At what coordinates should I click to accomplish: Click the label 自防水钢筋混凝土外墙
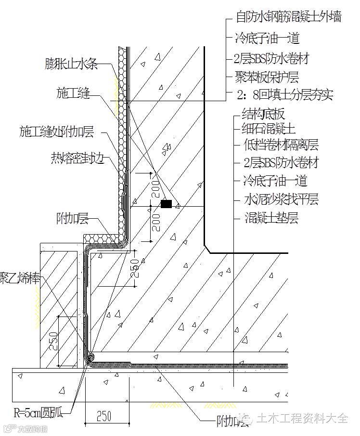coord(288,17)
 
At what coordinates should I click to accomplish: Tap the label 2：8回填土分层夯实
coord(285,95)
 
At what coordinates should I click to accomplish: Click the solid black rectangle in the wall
coord(166,204)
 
